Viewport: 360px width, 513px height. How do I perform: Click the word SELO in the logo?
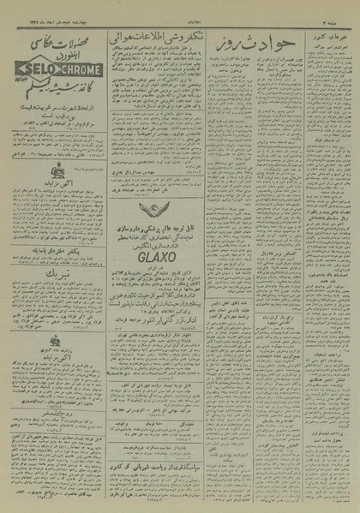(41, 64)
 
